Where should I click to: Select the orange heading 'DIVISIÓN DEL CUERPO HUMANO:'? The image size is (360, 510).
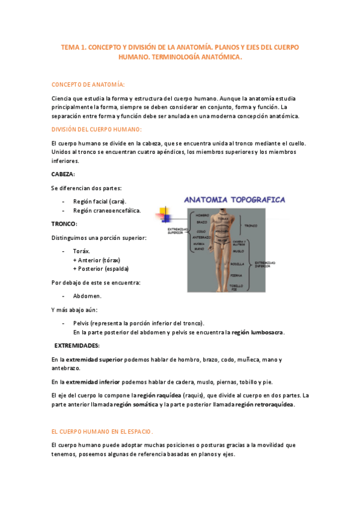[97, 129]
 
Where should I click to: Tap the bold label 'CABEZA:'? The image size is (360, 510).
[63, 174]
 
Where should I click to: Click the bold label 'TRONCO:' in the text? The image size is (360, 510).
[64, 223]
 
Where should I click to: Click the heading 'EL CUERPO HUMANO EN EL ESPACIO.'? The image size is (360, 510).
[102, 431]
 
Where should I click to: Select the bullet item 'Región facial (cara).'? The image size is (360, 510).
[100, 201]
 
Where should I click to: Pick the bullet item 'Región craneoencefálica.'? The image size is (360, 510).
[107, 210]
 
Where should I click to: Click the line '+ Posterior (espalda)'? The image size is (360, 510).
[100, 268]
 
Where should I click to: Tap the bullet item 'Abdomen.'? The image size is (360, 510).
[87, 296]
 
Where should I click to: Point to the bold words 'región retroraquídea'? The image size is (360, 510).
[264, 405]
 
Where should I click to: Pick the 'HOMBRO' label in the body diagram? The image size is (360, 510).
[202, 215]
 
